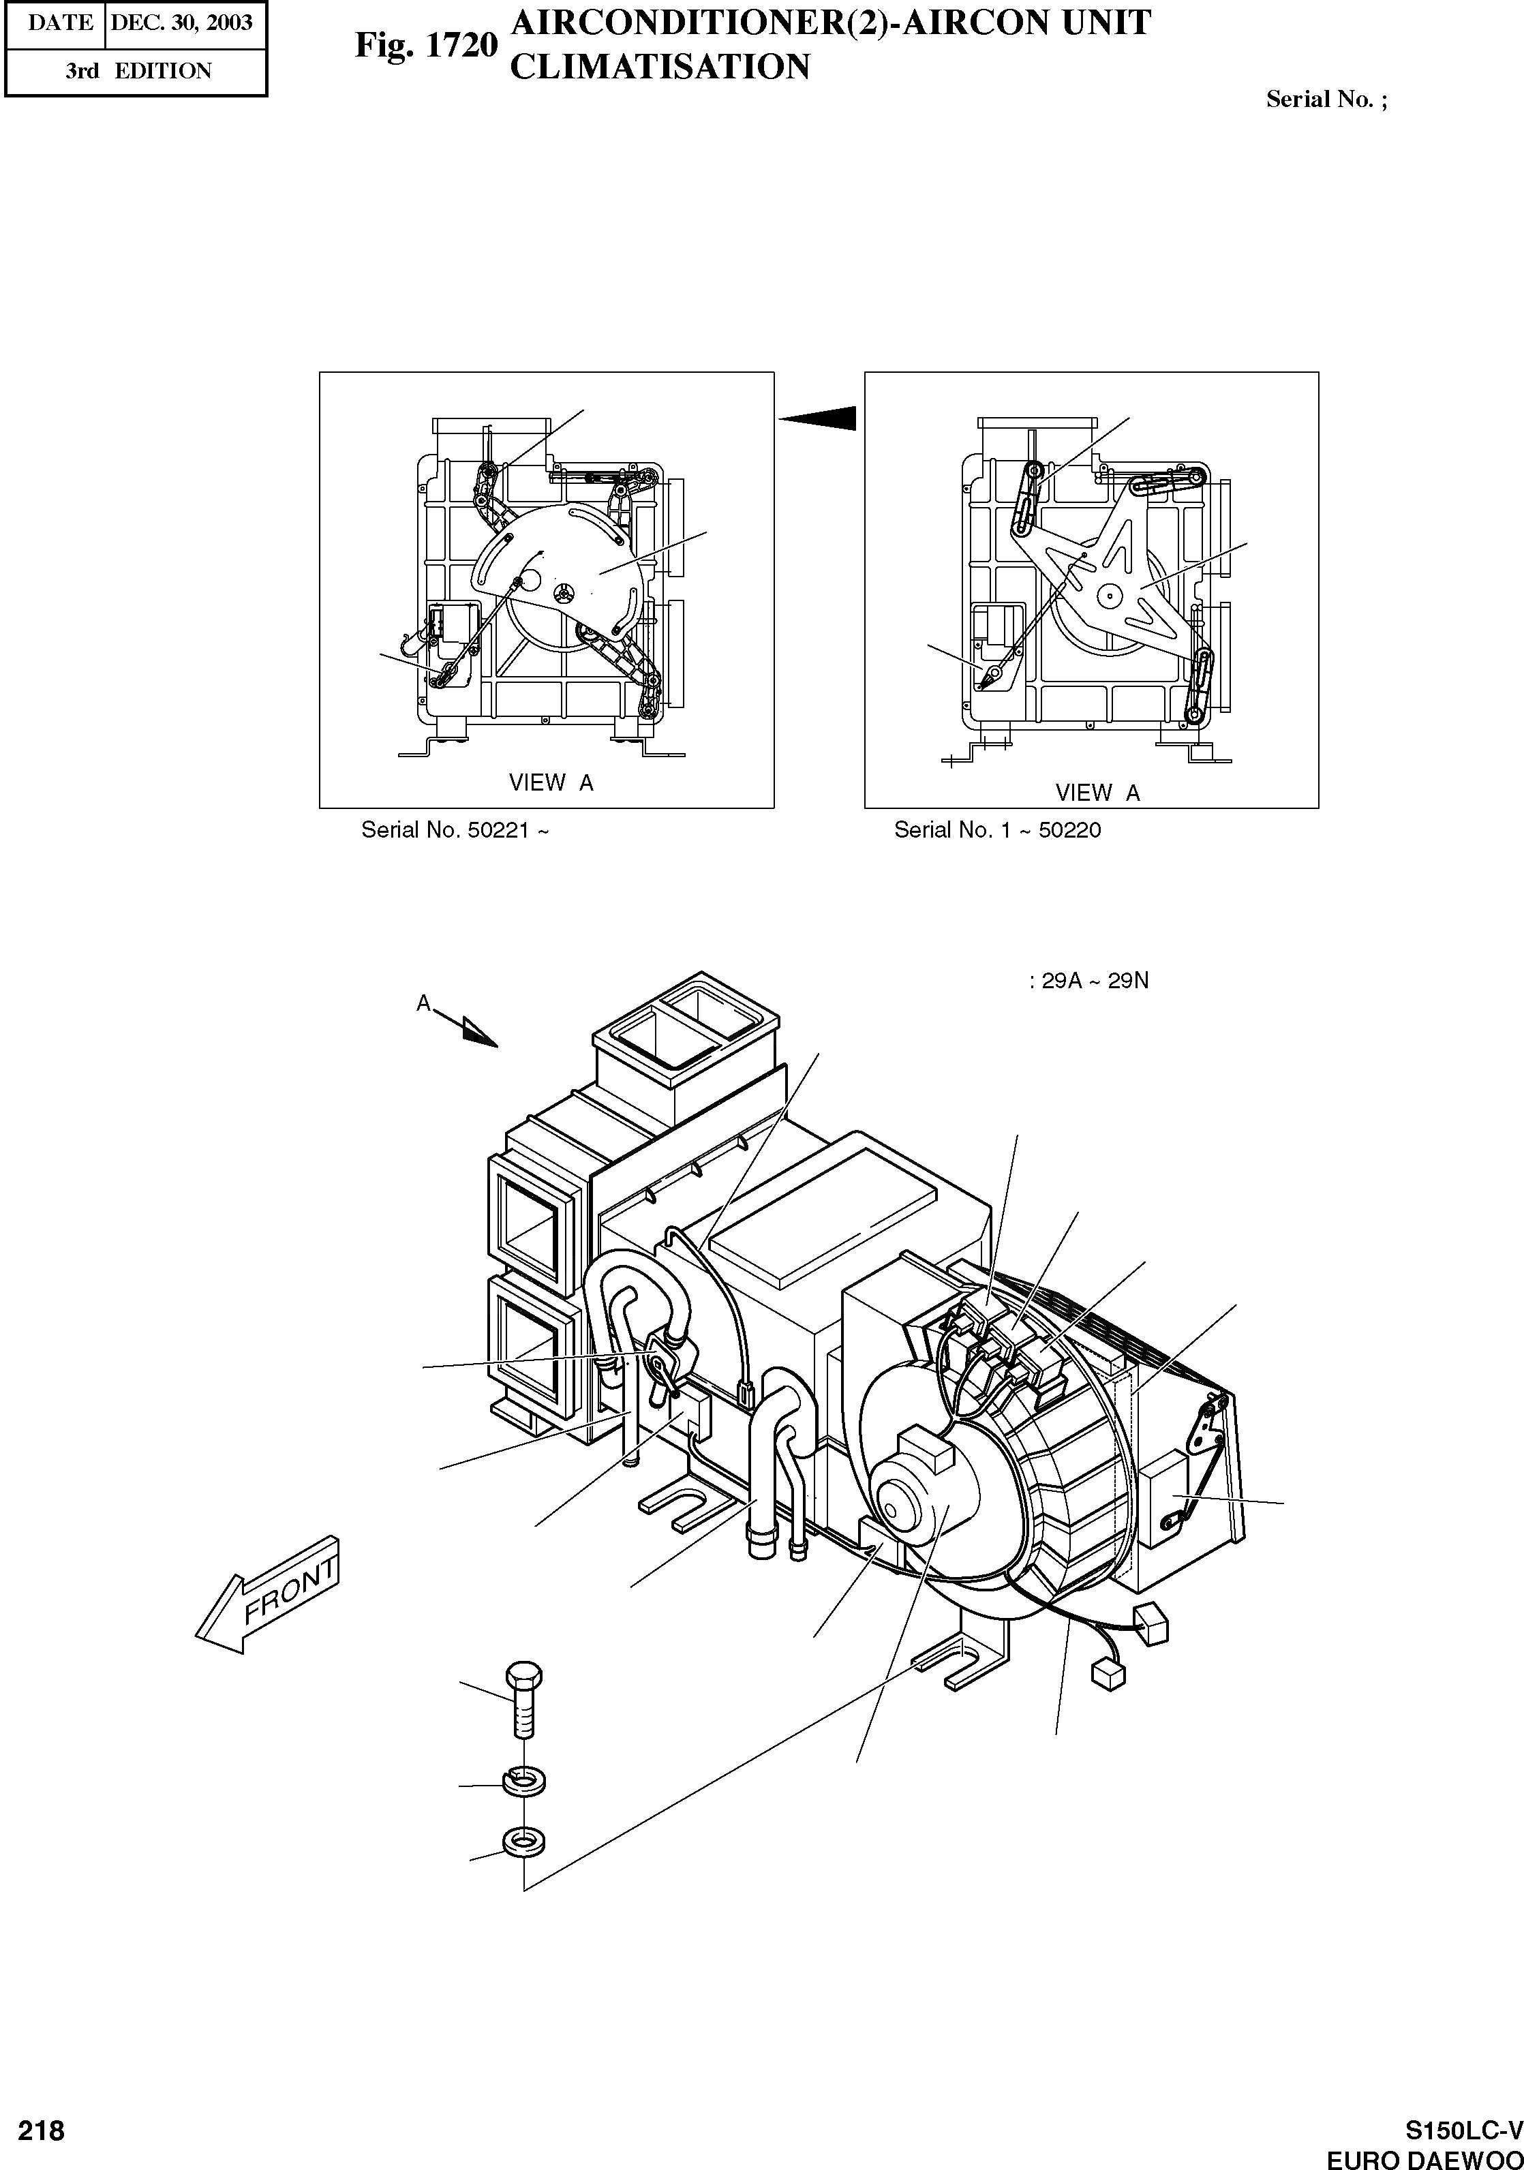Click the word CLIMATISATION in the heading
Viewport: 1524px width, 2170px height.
659,67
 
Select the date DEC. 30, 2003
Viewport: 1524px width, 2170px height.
181,22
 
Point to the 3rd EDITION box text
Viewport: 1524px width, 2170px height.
138,71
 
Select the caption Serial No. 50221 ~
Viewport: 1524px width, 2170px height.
455,830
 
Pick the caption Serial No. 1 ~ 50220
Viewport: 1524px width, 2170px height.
997,830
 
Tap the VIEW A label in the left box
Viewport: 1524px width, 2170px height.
551,782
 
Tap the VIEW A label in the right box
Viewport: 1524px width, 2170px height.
1097,793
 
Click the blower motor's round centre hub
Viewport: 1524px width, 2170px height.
903,1498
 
